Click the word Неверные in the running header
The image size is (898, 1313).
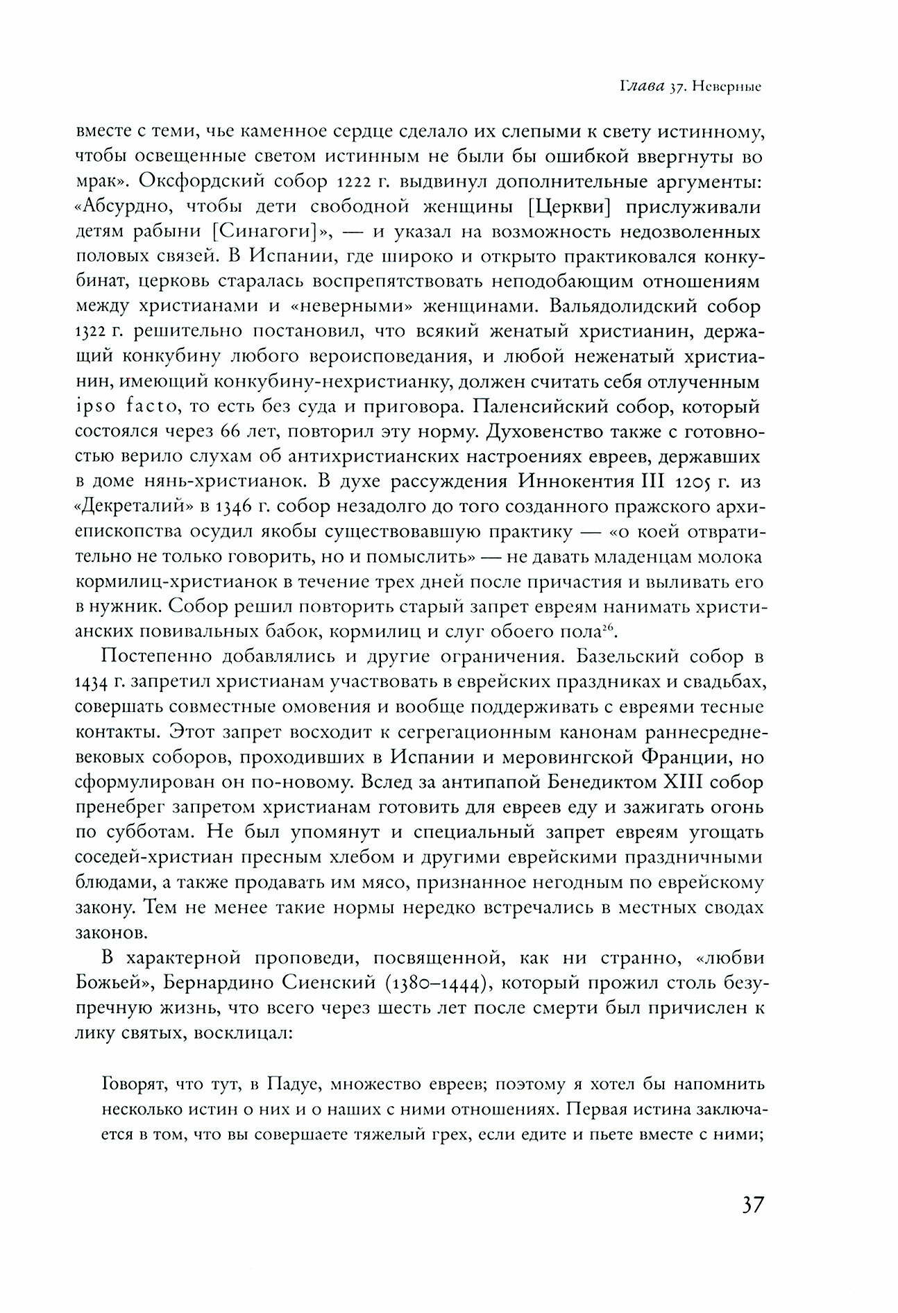click(731, 89)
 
